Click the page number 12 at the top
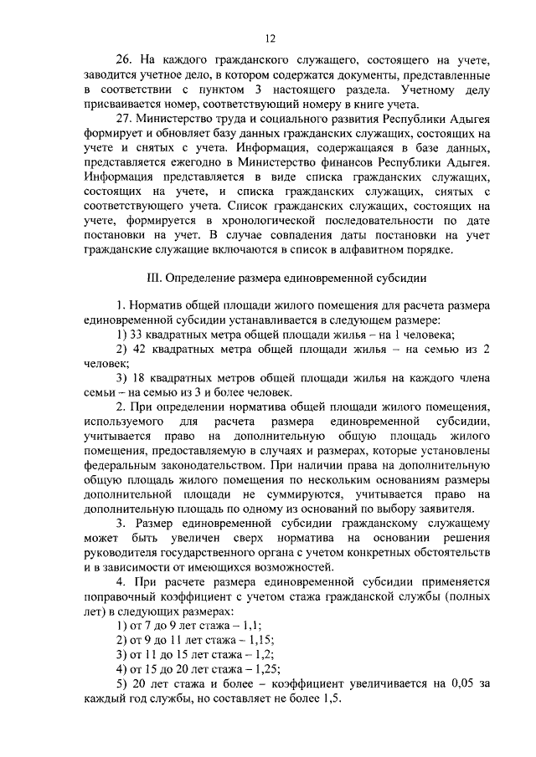pyautogui.click(x=269, y=37)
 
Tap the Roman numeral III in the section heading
pyautogui.click(x=152, y=277)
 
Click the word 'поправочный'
pyautogui.click(x=125, y=599)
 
